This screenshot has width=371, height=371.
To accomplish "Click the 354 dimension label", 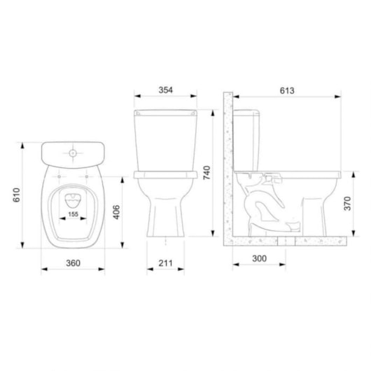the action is (x=166, y=90).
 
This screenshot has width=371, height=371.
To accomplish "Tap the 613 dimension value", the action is (x=287, y=90).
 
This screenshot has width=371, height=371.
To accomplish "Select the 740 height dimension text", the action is (x=206, y=173).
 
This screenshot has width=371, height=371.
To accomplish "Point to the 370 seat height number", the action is (x=348, y=204).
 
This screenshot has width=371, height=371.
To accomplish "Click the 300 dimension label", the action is (x=260, y=258).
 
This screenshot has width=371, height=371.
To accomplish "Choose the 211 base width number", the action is (x=166, y=263).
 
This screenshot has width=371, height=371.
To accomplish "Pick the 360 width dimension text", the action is (x=73, y=263).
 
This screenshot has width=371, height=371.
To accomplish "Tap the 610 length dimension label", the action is (x=17, y=195).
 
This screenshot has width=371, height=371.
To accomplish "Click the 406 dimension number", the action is (x=117, y=212).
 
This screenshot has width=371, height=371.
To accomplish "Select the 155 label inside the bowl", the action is (x=73, y=214).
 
